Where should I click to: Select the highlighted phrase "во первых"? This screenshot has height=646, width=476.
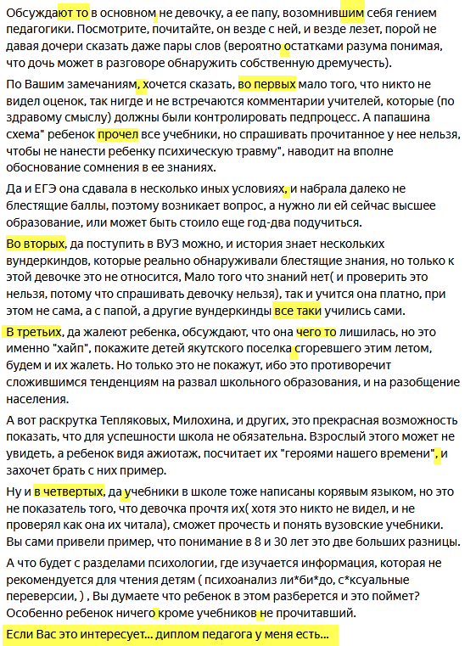[267, 85]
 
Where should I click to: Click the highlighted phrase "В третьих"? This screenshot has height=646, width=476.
[36, 331]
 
